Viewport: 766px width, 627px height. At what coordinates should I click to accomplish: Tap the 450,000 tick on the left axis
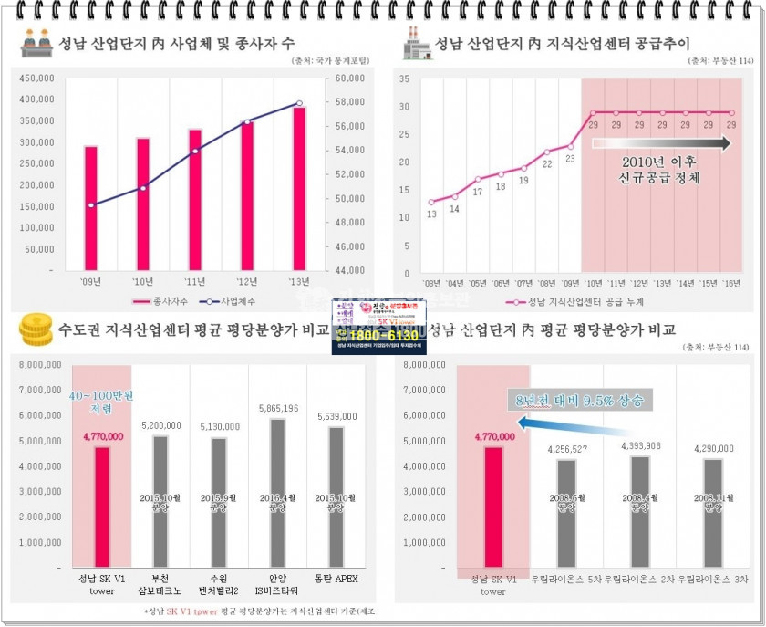(x=35, y=78)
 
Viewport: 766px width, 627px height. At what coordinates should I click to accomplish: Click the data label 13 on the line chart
(x=431, y=214)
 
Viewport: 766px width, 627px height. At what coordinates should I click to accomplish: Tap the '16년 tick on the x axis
(x=730, y=284)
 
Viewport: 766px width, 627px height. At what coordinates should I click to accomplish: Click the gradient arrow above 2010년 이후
(x=661, y=143)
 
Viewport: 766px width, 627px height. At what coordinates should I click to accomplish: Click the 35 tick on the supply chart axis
(x=404, y=78)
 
